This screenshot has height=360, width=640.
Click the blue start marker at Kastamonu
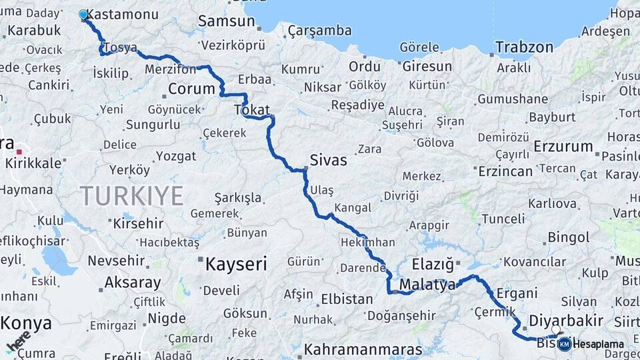pyautogui.click(x=83, y=14)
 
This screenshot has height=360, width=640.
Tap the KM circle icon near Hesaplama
pyautogui.click(x=565, y=344)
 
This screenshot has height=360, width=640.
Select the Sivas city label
pyautogui.click(x=328, y=160)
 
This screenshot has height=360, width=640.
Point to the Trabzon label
pyautogui.click(x=524, y=47)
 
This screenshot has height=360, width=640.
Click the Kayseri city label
pyautogui.click(x=235, y=264)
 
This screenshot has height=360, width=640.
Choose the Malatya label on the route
pyautogui.click(x=427, y=285)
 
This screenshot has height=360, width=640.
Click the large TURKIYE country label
pyautogui.click(x=131, y=196)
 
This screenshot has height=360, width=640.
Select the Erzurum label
pyautogui.click(x=563, y=146)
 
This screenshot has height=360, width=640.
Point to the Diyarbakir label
pyautogui.click(x=565, y=320)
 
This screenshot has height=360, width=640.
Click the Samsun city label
pyautogui.click(x=226, y=21)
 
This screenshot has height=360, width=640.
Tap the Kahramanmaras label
pyautogui.click(x=363, y=349)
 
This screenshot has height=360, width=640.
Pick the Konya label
pyautogui.click(x=26, y=323)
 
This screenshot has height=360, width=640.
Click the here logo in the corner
pyautogui.click(x=18, y=341)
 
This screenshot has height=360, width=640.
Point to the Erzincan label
pyautogui.click(x=505, y=171)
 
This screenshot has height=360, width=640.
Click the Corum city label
pyautogui.click(x=191, y=89)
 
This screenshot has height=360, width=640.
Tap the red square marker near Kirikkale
pyautogui.click(x=19, y=152)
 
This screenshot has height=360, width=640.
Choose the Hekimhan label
pyautogui.click(x=367, y=243)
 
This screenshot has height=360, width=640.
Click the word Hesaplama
pyautogui.click(x=598, y=345)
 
